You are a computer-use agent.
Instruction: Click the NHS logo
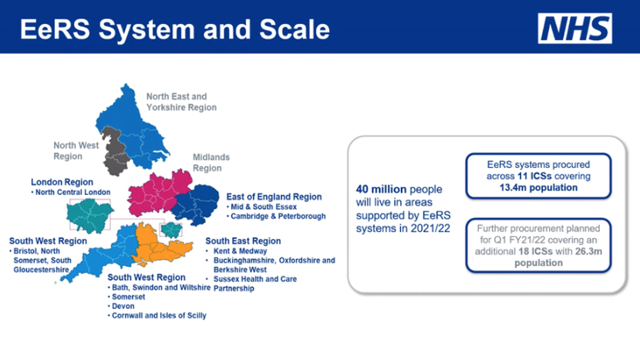[575, 29]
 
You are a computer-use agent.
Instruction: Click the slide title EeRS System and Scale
[174, 30]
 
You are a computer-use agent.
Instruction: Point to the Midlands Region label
[211, 163]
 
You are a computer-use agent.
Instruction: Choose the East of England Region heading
[274, 197]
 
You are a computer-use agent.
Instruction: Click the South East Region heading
[243, 241]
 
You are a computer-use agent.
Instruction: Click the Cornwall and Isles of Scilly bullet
[158, 315]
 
